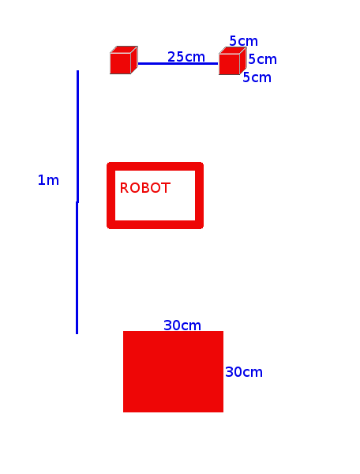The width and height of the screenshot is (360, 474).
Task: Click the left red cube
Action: click(123, 60)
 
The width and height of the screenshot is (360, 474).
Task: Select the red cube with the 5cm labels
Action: click(233, 61)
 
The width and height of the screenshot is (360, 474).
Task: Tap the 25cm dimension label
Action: click(186, 57)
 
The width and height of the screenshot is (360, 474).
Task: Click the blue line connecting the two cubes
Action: click(178, 63)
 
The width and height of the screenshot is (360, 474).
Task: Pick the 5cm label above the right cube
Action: click(243, 41)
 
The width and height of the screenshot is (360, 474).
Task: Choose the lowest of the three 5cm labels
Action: click(257, 77)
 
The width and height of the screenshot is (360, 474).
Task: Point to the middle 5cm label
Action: click(262, 59)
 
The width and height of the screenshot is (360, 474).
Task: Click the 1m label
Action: click(48, 180)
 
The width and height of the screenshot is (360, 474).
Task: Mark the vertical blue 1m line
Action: click(77, 202)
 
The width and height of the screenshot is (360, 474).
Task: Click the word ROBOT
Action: click(145, 188)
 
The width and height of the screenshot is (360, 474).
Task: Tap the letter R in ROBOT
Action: click(124, 188)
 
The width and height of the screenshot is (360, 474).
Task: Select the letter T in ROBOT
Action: click(167, 188)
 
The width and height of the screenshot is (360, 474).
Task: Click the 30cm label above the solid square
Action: click(182, 325)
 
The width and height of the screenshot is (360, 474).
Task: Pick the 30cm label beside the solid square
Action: click(244, 372)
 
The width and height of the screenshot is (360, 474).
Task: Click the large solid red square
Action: click(173, 371)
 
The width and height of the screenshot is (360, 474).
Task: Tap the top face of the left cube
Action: click(124, 49)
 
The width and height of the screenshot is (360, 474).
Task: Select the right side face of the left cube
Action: click(134, 59)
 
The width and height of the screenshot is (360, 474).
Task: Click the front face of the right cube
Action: click(229, 64)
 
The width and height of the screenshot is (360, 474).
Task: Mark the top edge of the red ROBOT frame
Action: click(155, 166)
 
